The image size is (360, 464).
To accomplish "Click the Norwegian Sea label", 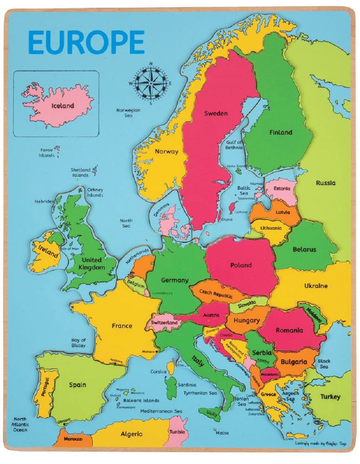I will pos(128,113).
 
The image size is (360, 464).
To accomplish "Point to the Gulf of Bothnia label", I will pos(234,145).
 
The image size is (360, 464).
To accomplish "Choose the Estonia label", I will pos(282,189).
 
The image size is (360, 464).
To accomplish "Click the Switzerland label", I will pos(164,322).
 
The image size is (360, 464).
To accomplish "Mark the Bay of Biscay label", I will pos(78,343).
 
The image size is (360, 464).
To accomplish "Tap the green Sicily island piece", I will pos(211,413).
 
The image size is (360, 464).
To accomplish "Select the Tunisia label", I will pos(177,432).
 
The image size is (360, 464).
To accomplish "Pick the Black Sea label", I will pos(324,364).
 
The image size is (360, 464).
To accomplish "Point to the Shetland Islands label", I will pos(80,172).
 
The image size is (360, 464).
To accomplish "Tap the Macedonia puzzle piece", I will pos(270,374).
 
